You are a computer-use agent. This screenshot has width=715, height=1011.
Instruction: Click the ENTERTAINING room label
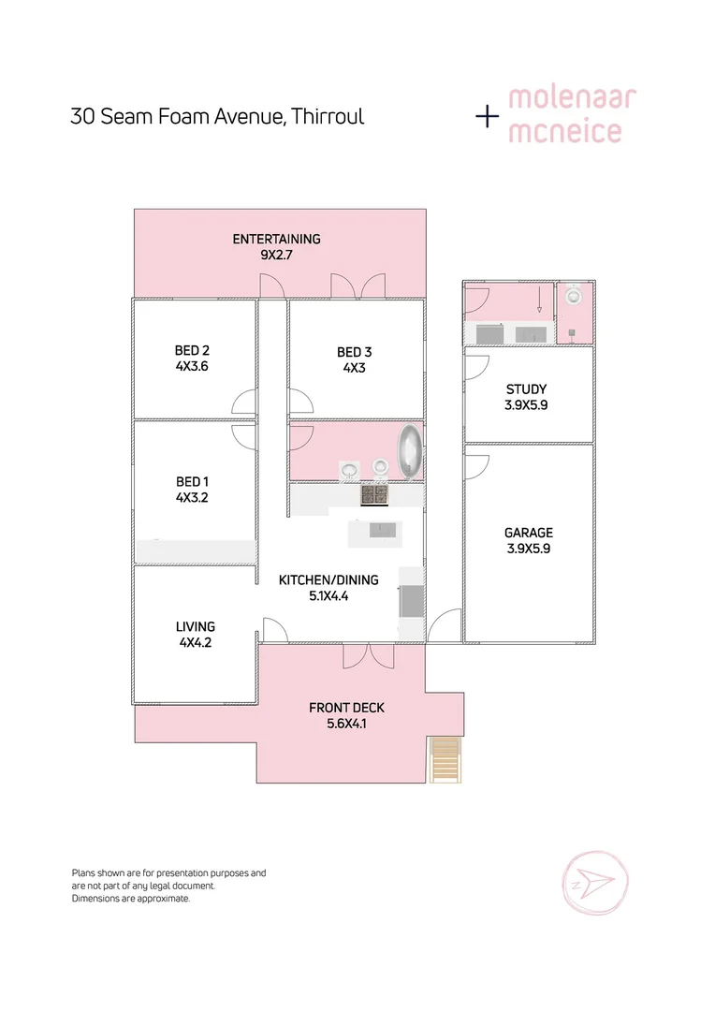tap(276, 239)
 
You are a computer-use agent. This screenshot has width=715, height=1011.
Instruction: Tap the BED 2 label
tap(192, 351)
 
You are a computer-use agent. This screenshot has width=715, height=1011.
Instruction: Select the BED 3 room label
tap(355, 352)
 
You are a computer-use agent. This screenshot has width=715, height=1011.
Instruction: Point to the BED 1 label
tap(192, 482)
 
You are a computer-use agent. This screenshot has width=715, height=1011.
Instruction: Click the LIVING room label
tap(196, 626)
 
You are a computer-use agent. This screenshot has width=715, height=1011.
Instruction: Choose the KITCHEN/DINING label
tap(328, 579)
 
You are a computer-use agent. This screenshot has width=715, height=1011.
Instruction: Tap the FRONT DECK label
tap(346, 708)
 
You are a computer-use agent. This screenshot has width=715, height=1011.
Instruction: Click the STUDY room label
tap(526, 389)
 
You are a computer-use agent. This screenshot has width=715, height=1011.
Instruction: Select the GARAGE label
tap(529, 533)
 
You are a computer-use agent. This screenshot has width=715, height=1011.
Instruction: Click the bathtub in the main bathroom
tap(411, 451)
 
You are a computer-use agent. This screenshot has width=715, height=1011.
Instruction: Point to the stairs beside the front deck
tap(445, 760)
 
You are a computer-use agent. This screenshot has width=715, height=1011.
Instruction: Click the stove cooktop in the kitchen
tap(375, 494)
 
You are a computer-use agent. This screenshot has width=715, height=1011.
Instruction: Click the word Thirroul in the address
tap(327, 117)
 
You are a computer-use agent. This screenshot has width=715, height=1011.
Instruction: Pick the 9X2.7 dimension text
tap(277, 254)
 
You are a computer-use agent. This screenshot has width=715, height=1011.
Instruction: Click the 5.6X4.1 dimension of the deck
tap(346, 723)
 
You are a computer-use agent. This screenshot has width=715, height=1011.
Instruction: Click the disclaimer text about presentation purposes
tap(168, 872)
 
